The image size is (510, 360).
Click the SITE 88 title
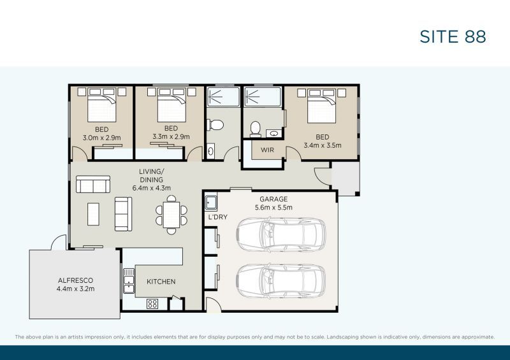point(453,36)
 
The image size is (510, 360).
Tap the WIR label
point(267,150)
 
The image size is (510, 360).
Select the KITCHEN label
point(161,282)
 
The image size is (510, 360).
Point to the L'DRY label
point(217,217)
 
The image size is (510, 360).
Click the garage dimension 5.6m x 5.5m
point(273,208)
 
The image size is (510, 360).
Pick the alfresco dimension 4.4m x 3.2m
point(75,289)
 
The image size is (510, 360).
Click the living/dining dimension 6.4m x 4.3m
point(152,188)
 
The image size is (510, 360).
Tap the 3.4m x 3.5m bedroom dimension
point(323,145)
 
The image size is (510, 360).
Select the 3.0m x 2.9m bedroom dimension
point(102,138)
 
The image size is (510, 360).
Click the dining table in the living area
point(171,215)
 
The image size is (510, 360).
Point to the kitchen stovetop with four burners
point(152,304)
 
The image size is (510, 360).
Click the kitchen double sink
point(129,281)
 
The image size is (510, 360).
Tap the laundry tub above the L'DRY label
point(211,202)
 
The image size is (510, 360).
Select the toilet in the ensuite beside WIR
point(256,129)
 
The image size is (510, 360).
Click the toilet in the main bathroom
point(215,124)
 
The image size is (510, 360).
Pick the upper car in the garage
point(280,234)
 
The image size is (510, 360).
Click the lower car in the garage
point(280,281)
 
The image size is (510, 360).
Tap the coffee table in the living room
point(93,214)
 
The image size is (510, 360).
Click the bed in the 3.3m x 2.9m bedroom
point(171,104)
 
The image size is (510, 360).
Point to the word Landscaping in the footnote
point(341,337)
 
